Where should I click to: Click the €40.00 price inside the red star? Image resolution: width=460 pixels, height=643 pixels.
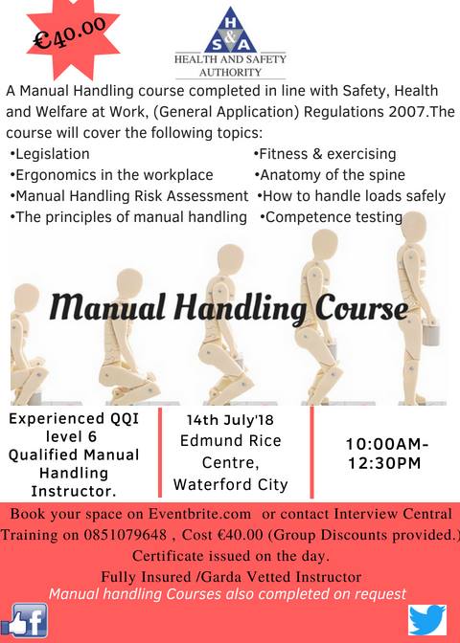pos(69,34)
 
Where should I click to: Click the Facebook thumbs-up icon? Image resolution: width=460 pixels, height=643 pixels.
pos(24,620)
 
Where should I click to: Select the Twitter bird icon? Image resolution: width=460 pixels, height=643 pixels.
pos(427,620)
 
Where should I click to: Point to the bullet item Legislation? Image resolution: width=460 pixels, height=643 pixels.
pos(50,154)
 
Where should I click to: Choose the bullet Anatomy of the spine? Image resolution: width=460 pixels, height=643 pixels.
pos(330,175)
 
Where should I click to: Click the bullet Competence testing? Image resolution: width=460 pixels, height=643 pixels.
pos(332,217)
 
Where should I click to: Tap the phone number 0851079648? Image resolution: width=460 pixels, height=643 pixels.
pos(126,535)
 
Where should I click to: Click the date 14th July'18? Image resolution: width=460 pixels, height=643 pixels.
pos(230,420)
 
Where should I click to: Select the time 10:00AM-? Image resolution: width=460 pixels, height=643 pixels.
pos(387,444)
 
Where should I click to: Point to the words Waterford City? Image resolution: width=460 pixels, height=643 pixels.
pos(230,484)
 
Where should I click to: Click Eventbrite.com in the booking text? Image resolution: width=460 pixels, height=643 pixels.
pos(199,514)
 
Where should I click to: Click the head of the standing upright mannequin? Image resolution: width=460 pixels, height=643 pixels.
pos(413,228)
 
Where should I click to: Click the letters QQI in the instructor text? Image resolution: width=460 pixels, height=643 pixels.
pos(126,419)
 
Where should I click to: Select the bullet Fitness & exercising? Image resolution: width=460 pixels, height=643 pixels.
pos(325,154)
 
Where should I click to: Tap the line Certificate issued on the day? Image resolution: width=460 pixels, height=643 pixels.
pos(230,556)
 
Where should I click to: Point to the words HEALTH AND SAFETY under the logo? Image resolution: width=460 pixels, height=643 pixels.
pos(230,59)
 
